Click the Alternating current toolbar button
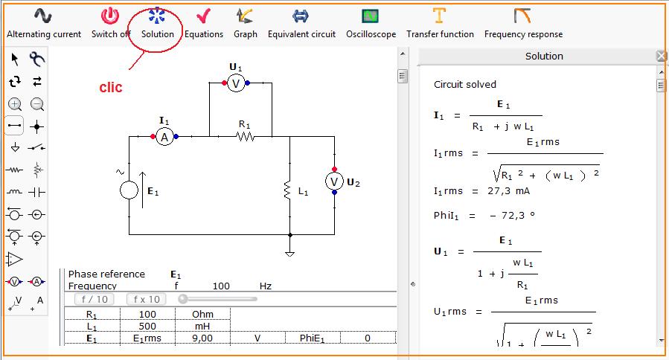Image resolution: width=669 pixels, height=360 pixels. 44,24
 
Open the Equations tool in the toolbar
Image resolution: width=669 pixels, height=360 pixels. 203,24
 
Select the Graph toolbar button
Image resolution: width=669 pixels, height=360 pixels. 245,24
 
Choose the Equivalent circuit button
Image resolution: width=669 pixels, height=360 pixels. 301,24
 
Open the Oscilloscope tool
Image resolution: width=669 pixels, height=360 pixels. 371,24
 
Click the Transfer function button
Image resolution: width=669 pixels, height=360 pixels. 440,24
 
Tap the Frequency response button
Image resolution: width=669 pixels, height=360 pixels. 523,24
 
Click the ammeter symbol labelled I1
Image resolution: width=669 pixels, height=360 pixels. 164,136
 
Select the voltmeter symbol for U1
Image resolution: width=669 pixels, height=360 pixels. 236,84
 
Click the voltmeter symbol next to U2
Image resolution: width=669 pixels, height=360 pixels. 335,181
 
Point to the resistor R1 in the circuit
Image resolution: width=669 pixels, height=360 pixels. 245,136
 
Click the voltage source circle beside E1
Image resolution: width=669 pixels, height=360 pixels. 129,190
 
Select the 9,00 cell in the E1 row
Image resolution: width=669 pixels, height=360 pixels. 202,338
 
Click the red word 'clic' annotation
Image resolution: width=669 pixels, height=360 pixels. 111,87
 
